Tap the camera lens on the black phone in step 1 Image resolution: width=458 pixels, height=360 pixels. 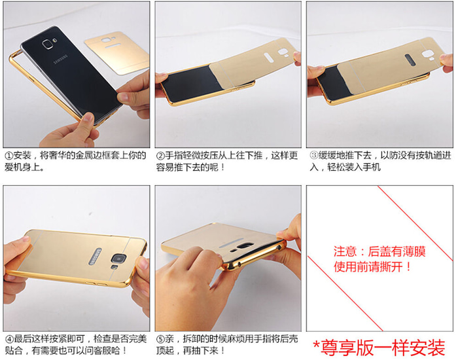point(47,44)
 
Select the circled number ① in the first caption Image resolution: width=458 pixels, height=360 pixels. point(9,156)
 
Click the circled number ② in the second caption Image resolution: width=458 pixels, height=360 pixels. point(160,156)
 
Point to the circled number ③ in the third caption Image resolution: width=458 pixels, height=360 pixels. point(313,156)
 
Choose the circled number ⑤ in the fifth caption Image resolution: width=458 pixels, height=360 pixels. point(161,339)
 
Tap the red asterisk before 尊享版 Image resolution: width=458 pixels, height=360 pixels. point(316,344)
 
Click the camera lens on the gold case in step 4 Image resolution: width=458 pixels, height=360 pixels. point(118,259)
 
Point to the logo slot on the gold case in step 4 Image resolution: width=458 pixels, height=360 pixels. point(95,257)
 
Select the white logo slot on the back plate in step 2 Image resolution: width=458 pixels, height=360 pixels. point(269,58)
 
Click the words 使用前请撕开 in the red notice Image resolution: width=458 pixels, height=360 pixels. point(368,267)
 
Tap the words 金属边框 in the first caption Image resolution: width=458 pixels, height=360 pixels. point(93,156)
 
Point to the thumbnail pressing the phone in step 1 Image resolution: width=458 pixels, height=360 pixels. point(88,118)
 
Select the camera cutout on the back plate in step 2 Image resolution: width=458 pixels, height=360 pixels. point(283,52)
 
